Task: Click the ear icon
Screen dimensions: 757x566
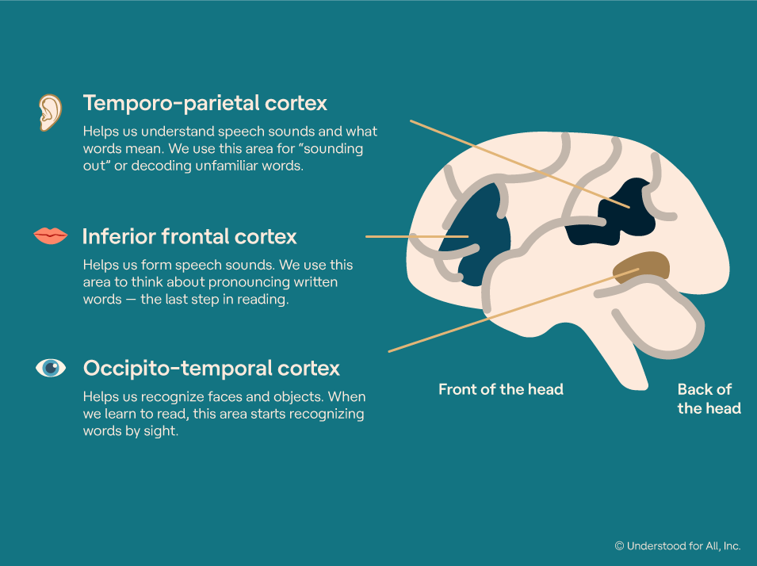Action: click(x=50, y=112)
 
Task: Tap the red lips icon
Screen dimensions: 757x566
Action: click(x=51, y=235)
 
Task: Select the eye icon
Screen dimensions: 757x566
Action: click(x=51, y=368)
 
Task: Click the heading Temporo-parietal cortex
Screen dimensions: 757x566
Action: click(x=205, y=103)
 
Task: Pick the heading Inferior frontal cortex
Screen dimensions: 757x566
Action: click(x=189, y=236)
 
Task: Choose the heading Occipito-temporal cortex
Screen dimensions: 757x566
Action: click(x=212, y=368)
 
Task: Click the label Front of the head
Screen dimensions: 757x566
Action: click(x=501, y=389)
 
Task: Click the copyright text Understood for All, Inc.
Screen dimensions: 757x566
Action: click(x=678, y=545)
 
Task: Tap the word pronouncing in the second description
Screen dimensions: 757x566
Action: click(x=238, y=282)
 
